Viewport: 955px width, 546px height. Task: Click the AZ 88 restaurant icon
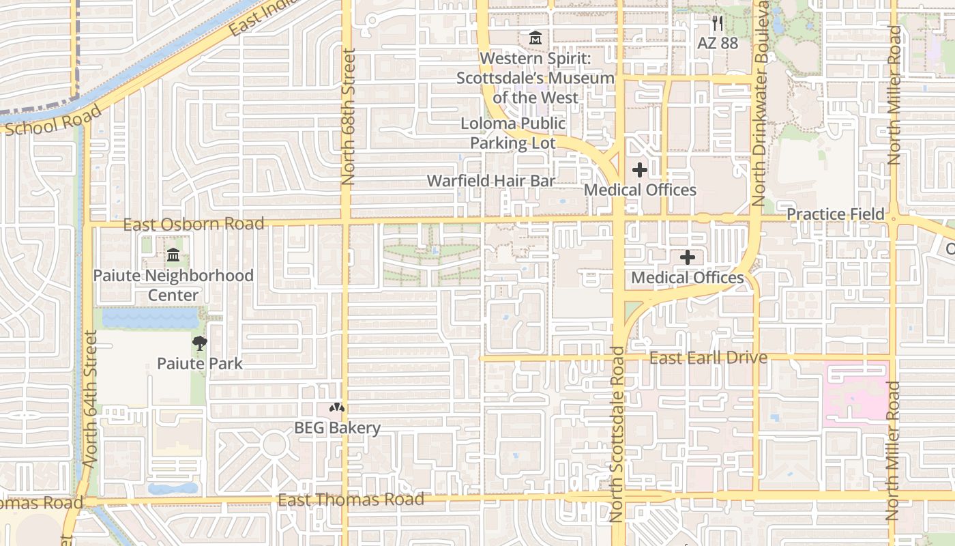tap(717, 24)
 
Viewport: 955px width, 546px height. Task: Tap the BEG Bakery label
tap(337, 428)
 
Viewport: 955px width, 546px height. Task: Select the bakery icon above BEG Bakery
tap(336, 407)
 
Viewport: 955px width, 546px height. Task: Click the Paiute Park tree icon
tap(199, 343)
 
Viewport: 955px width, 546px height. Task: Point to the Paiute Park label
tap(199, 363)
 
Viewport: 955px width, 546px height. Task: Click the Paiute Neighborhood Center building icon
tap(173, 256)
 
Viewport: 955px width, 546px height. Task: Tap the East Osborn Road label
tap(193, 224)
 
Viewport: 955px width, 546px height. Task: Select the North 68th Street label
tap(348, 117)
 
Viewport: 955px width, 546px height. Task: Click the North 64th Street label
tap(91, 399)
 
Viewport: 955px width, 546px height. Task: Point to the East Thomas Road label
tap(351, 500)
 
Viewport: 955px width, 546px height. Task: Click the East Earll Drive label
tap(708, 358)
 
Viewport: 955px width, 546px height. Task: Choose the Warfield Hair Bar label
tap(491, 181)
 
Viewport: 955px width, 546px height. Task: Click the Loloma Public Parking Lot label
tap(513, 133)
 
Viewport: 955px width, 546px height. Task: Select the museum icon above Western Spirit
tap(535, 38)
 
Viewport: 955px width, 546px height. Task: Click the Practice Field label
tap(835, 214)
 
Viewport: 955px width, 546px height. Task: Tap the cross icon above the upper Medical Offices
tap(640, 170)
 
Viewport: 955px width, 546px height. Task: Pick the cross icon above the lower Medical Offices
tap(688, 258)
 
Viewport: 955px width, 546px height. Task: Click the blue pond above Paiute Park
tap(150, 317)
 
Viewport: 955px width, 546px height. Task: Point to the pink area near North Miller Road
tap(856, 392)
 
